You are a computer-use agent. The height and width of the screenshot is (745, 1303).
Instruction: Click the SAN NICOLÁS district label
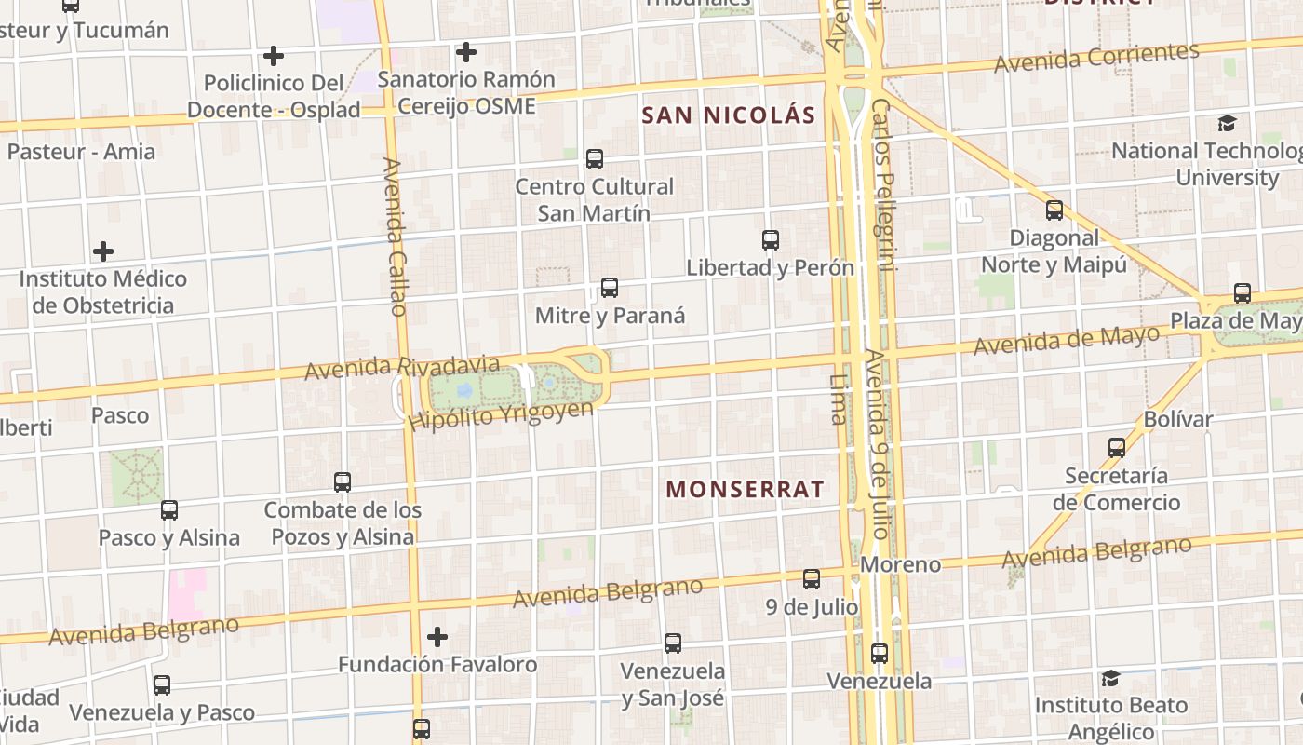tap(729, 115)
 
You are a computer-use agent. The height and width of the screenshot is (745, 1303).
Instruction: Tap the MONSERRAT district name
tap(745, 489)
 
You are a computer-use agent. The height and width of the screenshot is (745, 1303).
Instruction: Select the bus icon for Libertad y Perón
tap(770, 240)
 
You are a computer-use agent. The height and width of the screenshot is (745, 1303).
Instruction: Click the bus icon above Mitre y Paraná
tap(610, 288)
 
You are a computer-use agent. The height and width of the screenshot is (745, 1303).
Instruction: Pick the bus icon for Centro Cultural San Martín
tap(595, 159)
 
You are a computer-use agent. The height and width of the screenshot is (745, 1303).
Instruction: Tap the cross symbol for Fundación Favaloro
tap(437, 637)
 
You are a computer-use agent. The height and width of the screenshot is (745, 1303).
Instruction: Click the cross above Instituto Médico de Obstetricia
tap(103, 251)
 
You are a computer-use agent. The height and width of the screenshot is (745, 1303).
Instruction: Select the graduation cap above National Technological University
tap(1228, 123)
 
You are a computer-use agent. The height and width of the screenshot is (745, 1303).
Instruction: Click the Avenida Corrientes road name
tap(1095, 58)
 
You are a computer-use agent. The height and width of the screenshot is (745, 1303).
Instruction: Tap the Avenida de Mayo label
tap(1067, 340)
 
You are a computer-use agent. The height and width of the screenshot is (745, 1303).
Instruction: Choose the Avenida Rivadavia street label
tap(402, 366)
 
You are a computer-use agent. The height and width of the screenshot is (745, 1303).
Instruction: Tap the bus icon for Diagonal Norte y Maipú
tap(1054, 210)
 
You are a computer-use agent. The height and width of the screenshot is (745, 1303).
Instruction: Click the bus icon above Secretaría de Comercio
tap(1117, 448)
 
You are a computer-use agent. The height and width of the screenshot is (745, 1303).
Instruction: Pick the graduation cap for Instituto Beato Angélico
tap(1110, 678)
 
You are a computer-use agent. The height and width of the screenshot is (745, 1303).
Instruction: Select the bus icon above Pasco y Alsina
tap(168, 510)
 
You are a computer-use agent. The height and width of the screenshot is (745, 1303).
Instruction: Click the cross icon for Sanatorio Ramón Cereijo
tap(466, 52)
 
